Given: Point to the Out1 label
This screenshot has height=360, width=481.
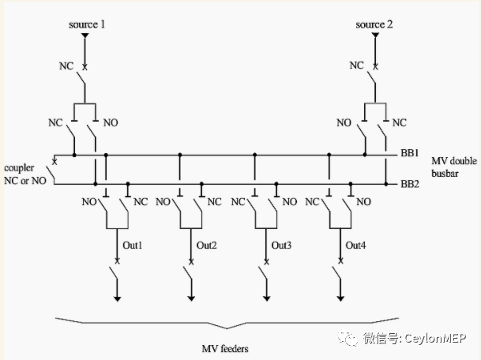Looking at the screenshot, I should tap(130, 246).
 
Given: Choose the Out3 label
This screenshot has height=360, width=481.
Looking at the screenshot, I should tap(280, 246).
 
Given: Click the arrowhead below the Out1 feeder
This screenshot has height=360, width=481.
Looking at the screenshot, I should tap(118, 298).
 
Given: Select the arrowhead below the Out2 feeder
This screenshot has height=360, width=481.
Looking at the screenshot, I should tap(192, 298).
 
